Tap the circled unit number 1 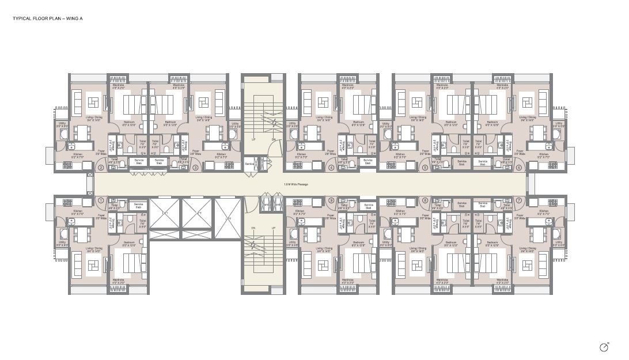pos(100,200)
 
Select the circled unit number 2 pos(100,168)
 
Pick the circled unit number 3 pos(195,168)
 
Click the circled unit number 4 pos(331,168)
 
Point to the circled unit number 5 pos(425,168)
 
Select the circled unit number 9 pos(331,200)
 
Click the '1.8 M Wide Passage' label pos(296,184)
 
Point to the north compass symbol pos(604,347)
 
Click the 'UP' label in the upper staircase pos(254,139)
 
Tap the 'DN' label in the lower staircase pos(253,229)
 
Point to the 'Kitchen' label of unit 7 pos(543,211)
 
